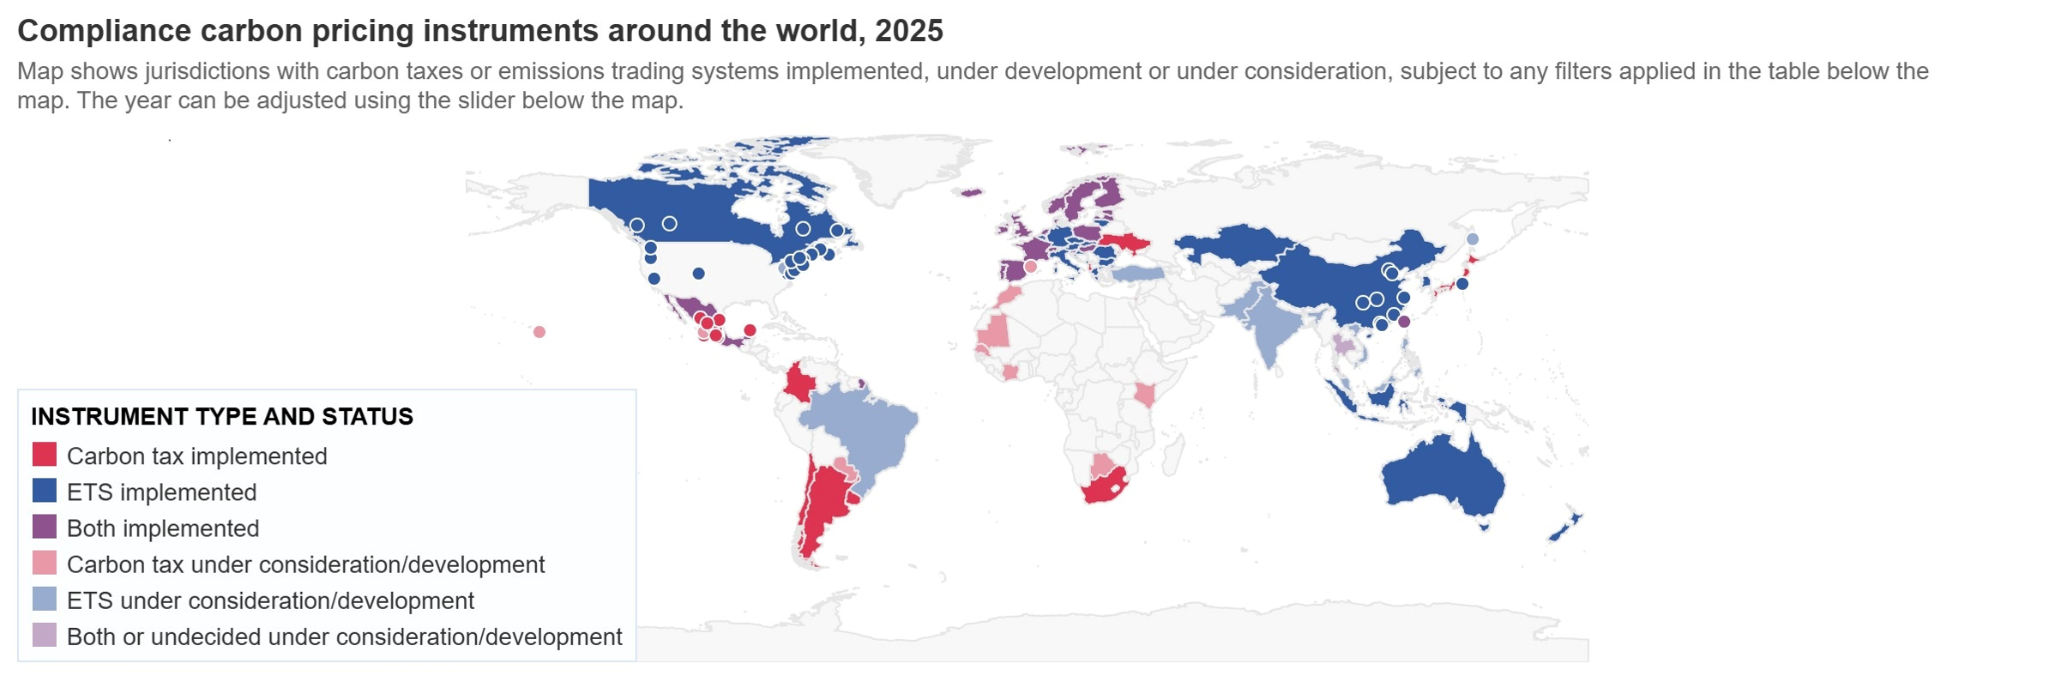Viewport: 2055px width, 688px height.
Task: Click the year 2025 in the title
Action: tap(908, 31)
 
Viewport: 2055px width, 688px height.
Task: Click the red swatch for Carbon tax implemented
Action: tap(44, 455)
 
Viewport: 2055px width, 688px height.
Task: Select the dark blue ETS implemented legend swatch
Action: tap(44, 491)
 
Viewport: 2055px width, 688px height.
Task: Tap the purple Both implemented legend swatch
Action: tap(44, 527)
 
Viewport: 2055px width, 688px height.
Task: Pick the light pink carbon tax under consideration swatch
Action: tap(44, 563)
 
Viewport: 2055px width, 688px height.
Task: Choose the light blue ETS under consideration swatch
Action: tap(44, 599)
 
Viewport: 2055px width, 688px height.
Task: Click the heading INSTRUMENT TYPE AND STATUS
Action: tap(221, 417)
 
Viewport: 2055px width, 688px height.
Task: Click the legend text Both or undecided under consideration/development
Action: tap(344, 637)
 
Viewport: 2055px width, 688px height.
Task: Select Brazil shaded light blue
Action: tap(866, 429)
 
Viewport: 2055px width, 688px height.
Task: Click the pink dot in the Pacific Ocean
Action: tap(539, 332)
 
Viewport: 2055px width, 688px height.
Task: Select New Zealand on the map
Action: tap(1566, 528)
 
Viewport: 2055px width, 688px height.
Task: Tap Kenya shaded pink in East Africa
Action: tap(1144, 395)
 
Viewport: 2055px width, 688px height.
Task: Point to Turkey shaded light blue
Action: tap(1136, 274)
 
